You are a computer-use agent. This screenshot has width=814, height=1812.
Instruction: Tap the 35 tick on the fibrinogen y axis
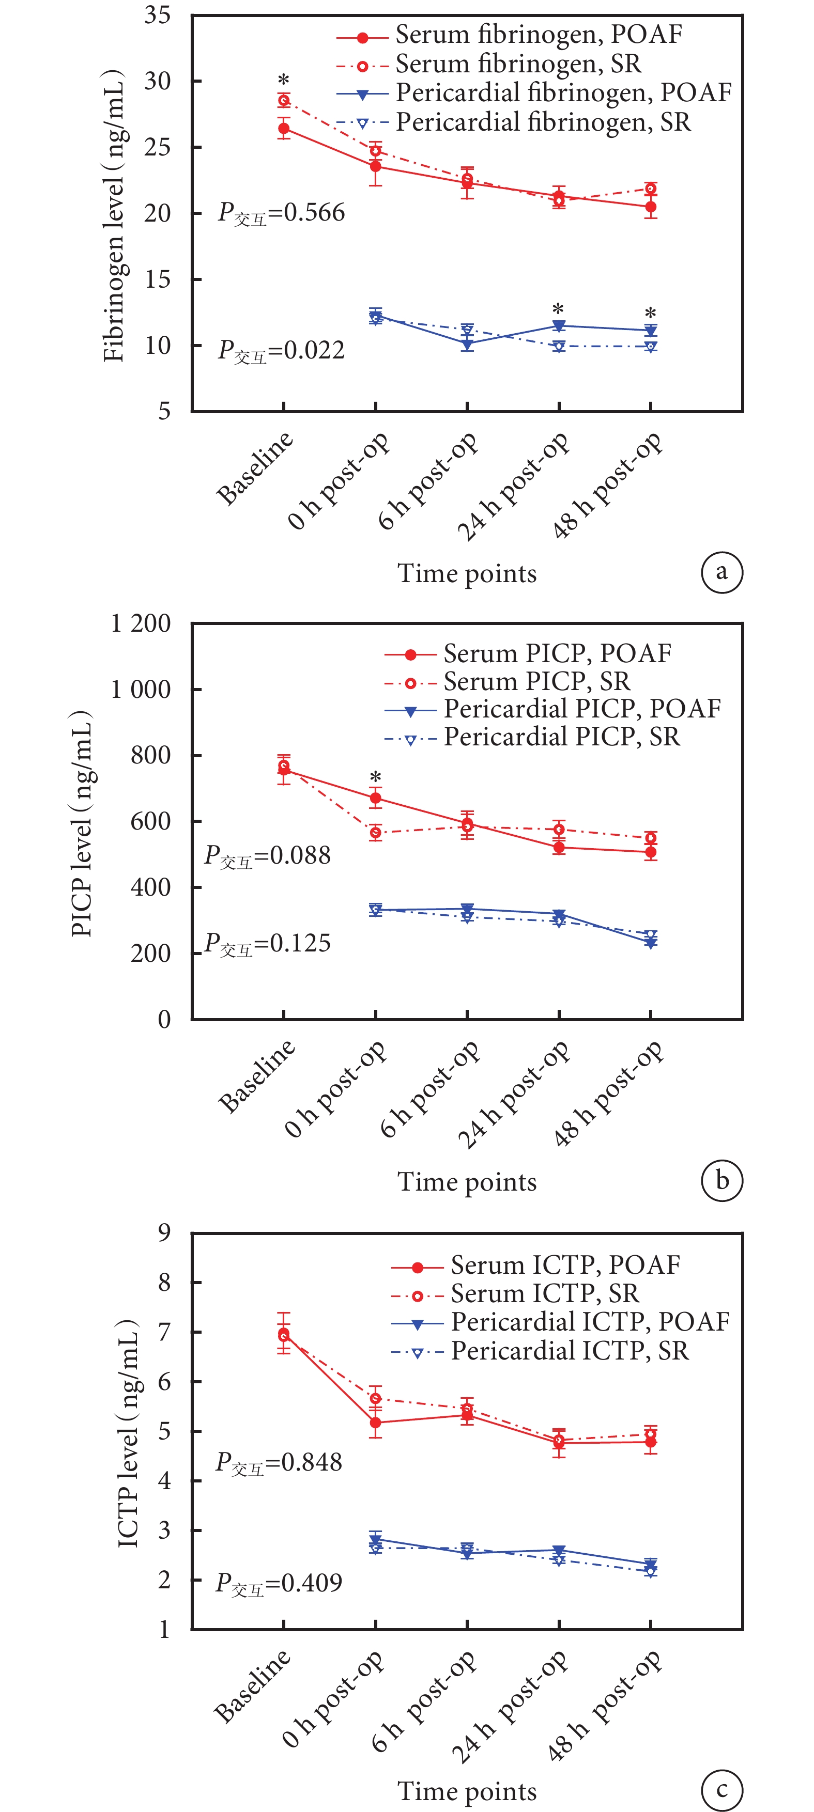[x=158, y=15]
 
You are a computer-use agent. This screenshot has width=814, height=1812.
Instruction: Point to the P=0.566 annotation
[x=282, y=212]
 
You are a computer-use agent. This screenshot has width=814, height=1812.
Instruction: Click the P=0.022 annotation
[x=282, y=350]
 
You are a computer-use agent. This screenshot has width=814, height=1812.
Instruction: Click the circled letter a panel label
[x=722, y=572]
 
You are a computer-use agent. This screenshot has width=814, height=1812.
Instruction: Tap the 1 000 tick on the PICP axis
[x=141, y=690]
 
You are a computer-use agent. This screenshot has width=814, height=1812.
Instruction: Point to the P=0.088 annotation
[x=267, y=856]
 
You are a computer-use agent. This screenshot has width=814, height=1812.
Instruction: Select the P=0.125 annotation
[x=267, y=943]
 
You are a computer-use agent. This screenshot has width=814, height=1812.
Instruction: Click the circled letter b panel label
[x=722, y=1180]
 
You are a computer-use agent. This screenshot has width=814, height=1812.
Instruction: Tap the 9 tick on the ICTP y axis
[x=164, y=1233]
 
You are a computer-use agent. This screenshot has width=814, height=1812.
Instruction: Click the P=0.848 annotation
[x=279, y=1462]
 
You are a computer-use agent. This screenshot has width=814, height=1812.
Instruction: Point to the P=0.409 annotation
[x=279, y=1583]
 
